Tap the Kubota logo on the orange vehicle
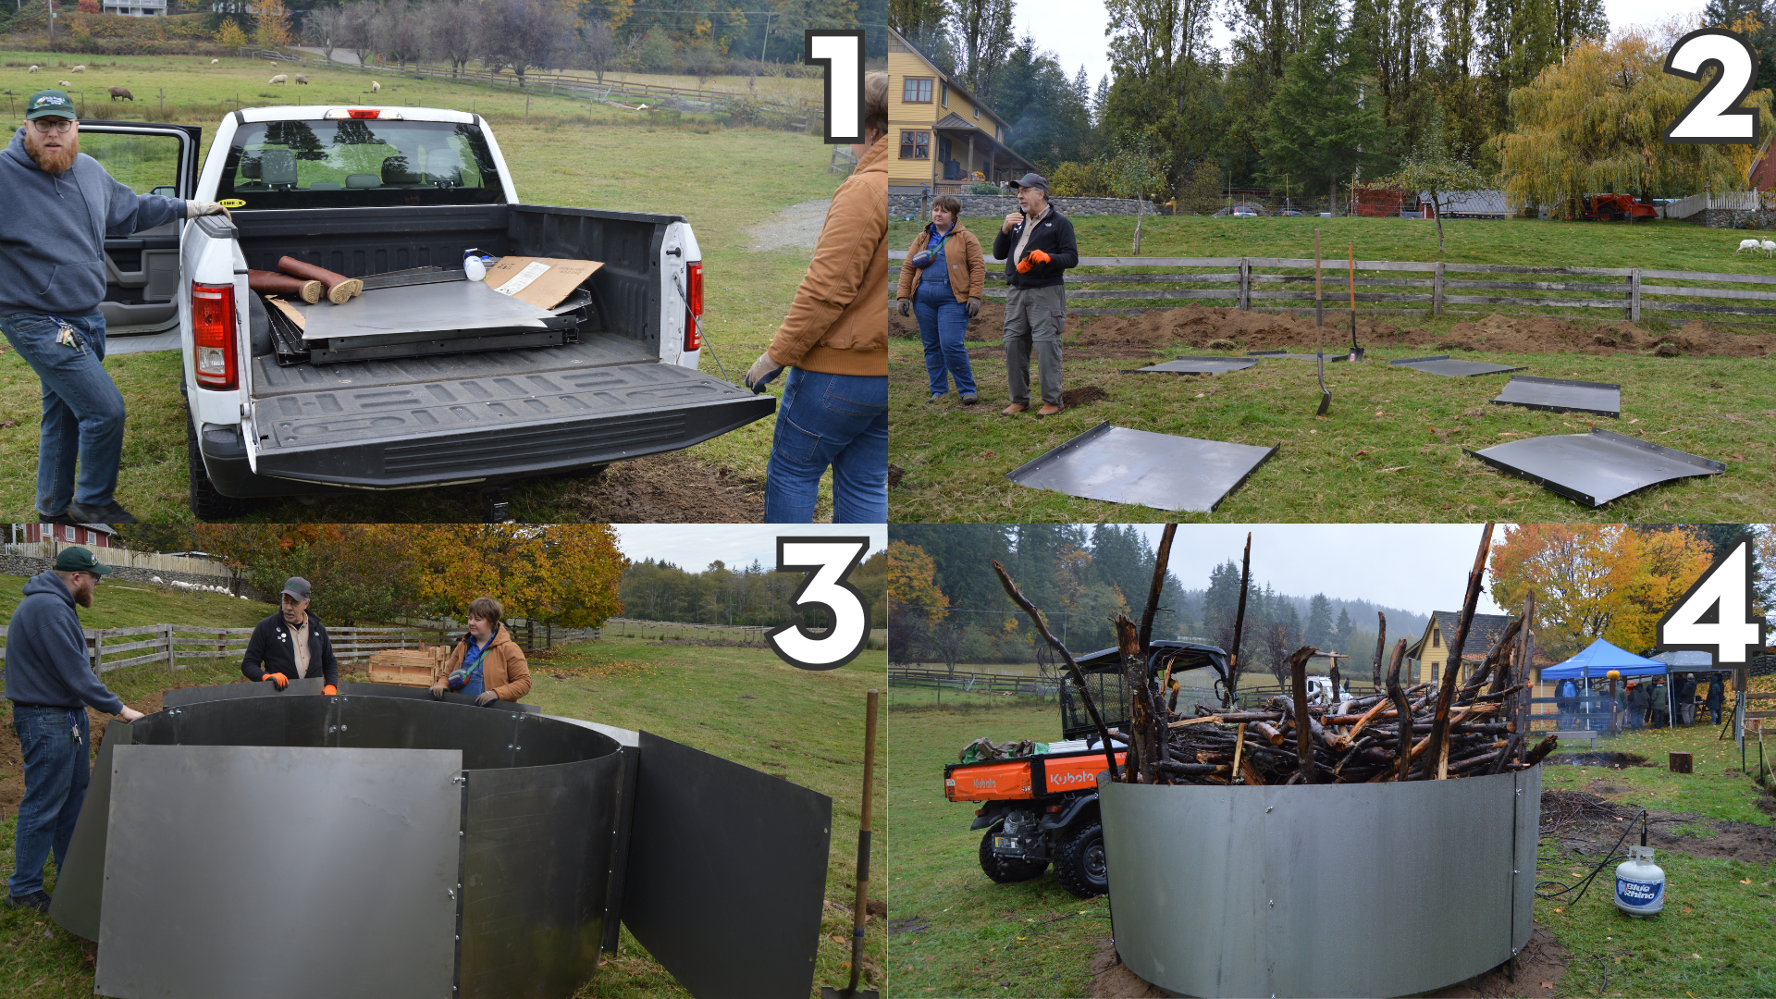(1071, 779)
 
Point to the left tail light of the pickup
(214, 335)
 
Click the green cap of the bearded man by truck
(50, 104)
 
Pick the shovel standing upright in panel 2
(1322, 324)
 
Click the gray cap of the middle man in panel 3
(296, 588)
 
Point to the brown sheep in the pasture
(120, 93)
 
